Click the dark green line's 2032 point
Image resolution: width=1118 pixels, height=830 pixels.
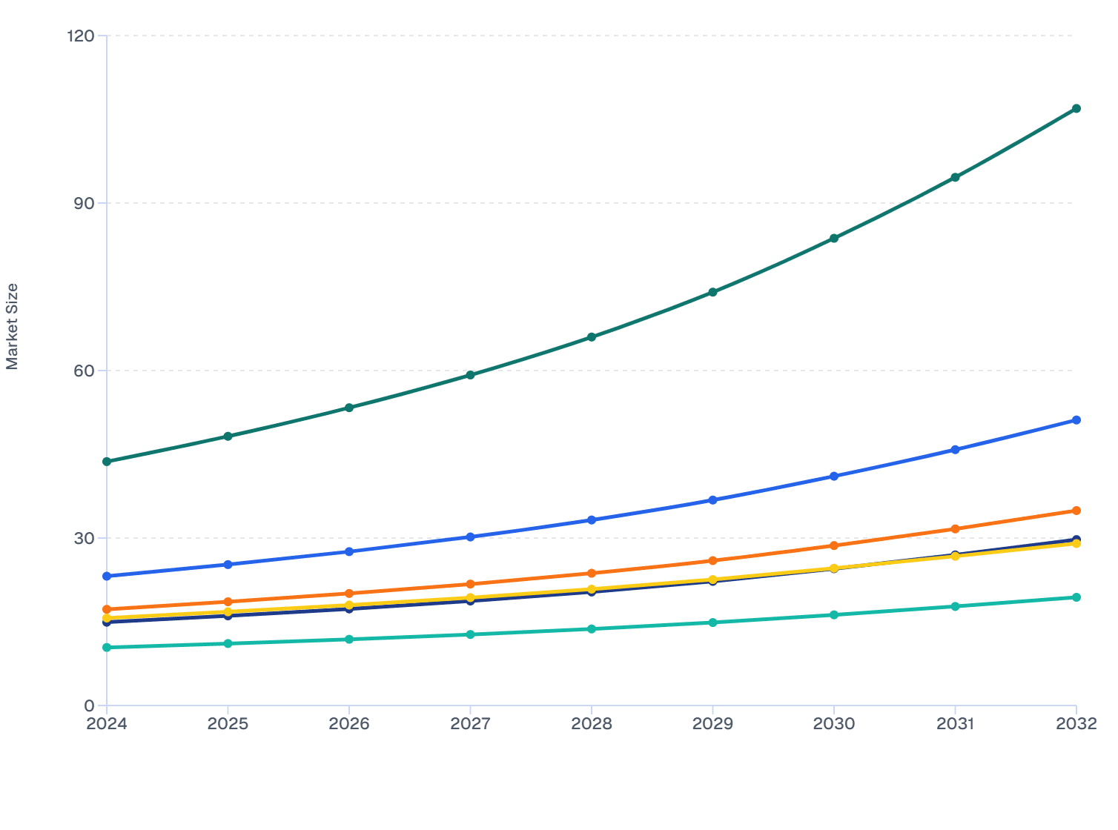click(x=1076, y=109)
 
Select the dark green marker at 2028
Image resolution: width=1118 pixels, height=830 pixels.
click(x=592, y=337)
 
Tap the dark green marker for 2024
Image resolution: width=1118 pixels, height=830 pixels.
click(x=107, y=462)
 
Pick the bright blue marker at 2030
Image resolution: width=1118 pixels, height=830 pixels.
click(x=834, y=477)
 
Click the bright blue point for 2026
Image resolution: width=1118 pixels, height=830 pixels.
click(x=349, y=552)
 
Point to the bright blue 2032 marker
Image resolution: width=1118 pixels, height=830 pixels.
click(x=1076, y=420)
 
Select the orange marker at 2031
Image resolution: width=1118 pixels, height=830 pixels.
click(x=955, y=529)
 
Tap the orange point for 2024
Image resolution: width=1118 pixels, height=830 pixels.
click(x=107, y=609)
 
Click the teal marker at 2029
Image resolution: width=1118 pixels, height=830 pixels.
click(x=712, y=622)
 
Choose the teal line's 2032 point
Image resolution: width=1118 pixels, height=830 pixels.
click(x=1076, y=597)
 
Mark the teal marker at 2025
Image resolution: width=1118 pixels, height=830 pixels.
click(x=228, y=643)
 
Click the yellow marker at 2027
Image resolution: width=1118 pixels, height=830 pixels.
click(x=470, y=598)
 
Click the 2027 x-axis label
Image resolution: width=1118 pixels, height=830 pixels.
click(x=470, y=724)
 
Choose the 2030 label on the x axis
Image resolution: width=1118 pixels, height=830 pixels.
click(x=834, y=724)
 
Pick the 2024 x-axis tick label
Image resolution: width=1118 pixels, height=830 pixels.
click(x=107, y=724)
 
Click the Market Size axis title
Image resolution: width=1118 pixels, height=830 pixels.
click(x=12, y=326)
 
